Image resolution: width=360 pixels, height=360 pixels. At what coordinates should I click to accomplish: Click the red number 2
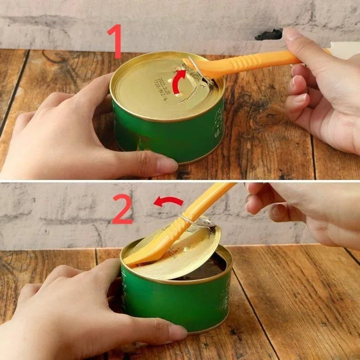tap(121, 209)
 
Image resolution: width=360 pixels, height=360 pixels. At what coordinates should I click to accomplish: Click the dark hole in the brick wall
tap(269, 35)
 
